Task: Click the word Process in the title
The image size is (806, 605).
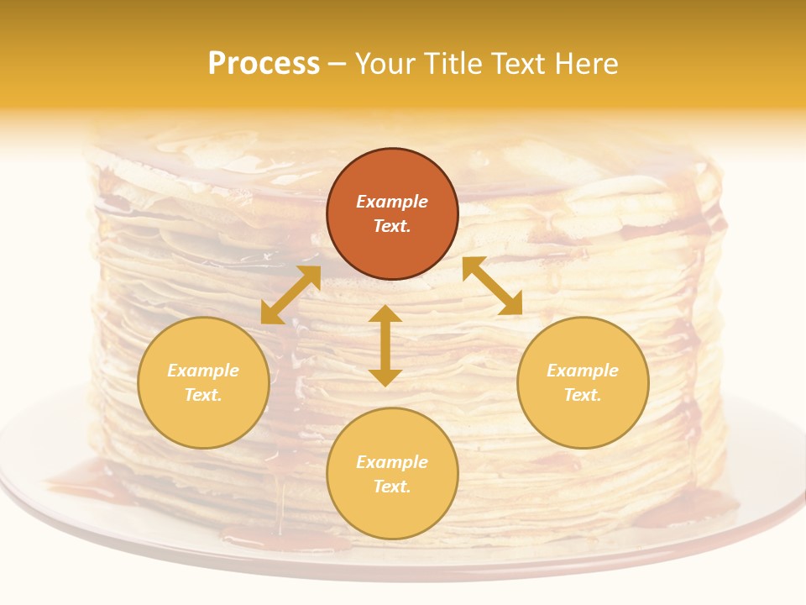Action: pos(264,64)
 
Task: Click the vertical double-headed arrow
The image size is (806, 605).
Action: pos(385,345)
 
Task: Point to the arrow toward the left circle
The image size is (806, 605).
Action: pos(290,295)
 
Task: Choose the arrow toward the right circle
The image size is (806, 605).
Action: pos(493,286)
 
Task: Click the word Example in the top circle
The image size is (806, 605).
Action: pos(392,202)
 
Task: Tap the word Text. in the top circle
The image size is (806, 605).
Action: pos(392,226)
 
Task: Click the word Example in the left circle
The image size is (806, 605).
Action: pos(203,371)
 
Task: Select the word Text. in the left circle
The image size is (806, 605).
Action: pos(203,395)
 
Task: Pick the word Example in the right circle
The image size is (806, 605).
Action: pos(583,371)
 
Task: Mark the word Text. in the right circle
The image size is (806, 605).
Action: pos(583,395)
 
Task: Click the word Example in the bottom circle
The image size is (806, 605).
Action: pos(392,462)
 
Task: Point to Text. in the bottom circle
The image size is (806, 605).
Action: pos(392,487)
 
